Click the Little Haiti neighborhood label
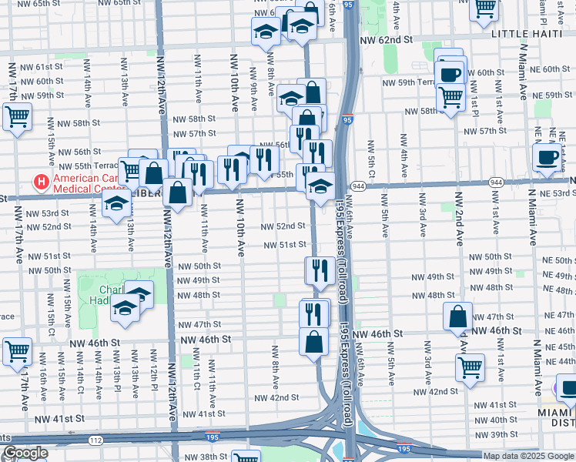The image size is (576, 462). pyautogui.click(x=530, y=34)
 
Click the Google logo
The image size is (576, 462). pyautogui.click(x=25, y=453)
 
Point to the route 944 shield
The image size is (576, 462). pyautogui.click(x=358, y=186)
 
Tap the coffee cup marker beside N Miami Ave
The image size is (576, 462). pyautogui.click(x=547, y=157)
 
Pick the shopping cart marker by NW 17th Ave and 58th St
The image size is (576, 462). pyautogui.click(x=17, y=118)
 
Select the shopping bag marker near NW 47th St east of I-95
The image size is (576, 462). pyautogui.click(x=458, y=316)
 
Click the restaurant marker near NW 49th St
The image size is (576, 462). pyautogui.click(x=319, y=269)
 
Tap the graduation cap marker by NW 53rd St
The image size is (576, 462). pyautogui.click(x=116, y=203)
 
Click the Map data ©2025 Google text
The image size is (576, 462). pyautogui.click(x=527, y=456)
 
